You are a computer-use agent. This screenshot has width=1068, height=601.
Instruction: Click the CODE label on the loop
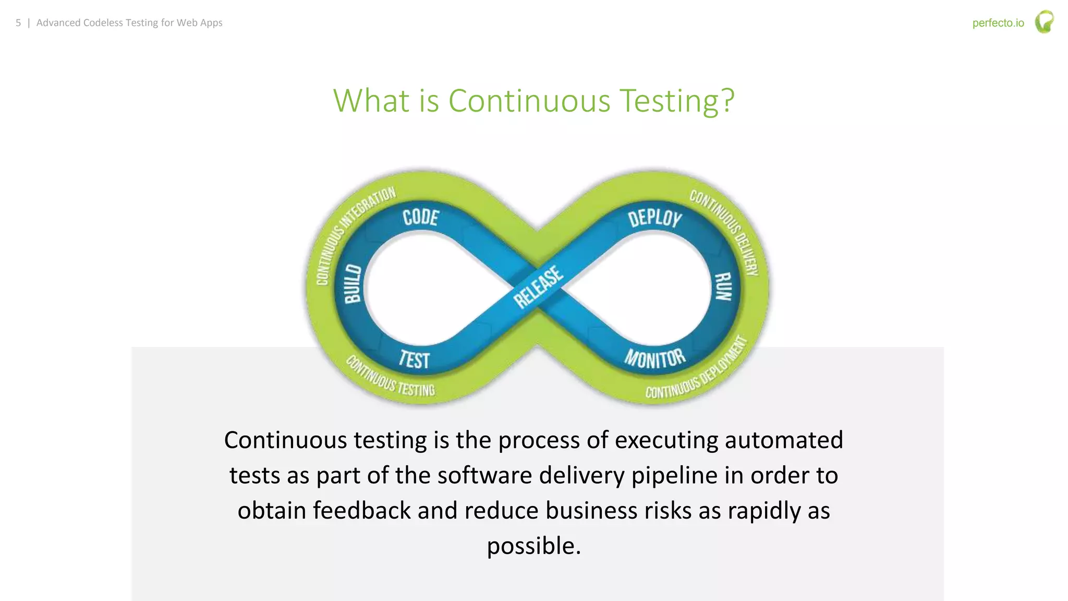click(x=421, y=217)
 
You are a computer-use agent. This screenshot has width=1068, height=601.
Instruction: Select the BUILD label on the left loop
click(x=353, y=284)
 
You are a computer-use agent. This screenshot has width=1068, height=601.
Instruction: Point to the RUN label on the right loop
click(x=723, y=286)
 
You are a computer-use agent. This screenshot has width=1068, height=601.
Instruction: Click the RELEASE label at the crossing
click(x=538, y=287)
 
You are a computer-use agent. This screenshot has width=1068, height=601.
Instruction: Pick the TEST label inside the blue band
click(x=414, y=359)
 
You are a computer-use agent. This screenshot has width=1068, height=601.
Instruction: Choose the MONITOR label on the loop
click(x=655, y=358)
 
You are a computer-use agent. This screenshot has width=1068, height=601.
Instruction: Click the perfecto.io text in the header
click(x=998, y=23)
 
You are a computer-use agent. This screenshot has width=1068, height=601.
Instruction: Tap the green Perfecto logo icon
click(x=1044, y=22)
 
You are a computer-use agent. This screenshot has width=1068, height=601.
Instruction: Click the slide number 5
click(x=18, y=23)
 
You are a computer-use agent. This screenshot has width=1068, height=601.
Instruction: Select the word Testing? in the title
click(x=676, y=101)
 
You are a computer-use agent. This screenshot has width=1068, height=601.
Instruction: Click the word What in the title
click(x=371, y=101)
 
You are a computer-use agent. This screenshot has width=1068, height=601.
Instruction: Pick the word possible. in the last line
click(x=533, y=546)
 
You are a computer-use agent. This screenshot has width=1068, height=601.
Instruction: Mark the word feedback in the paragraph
click(x=361, y=511)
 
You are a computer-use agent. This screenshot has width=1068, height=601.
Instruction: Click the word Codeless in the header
click(x=103, y=23)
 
